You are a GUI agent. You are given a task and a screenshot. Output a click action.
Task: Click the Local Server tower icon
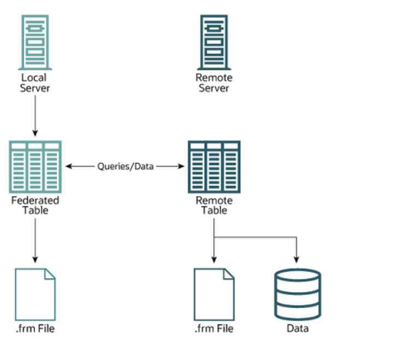point(35,42)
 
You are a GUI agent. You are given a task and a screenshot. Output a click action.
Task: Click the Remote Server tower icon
point(214,42)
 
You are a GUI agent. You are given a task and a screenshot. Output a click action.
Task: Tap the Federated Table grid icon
point(36,167)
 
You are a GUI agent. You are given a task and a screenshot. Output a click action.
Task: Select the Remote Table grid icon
point(214,167)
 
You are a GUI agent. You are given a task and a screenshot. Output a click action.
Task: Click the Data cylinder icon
point(297,294)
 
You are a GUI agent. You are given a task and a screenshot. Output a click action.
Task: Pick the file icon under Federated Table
point(35,294)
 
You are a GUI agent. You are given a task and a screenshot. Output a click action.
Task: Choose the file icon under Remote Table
point(214,294)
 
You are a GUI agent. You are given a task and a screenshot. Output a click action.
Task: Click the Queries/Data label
point(126,167)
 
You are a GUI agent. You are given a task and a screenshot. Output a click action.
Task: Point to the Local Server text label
point(34,83)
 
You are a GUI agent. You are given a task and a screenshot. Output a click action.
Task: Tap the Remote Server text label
point(214,83)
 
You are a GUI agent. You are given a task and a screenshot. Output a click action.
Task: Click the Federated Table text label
point(35,205)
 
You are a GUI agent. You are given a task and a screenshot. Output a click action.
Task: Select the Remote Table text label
point(214,205)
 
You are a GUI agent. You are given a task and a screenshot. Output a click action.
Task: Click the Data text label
point(298,328)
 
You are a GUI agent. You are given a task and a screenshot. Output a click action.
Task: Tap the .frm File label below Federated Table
point(35,328)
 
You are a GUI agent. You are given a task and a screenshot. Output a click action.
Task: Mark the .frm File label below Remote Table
point(214,328)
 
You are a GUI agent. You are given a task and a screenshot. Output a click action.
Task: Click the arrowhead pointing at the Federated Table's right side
point(69,167)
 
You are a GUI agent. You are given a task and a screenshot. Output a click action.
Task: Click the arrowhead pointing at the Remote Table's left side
point(181,167)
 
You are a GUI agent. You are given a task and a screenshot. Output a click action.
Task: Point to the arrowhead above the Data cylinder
point(296,260)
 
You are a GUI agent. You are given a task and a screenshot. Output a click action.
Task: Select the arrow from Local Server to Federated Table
point(35,116)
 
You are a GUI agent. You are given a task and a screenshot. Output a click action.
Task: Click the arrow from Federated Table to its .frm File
point(35,241)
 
